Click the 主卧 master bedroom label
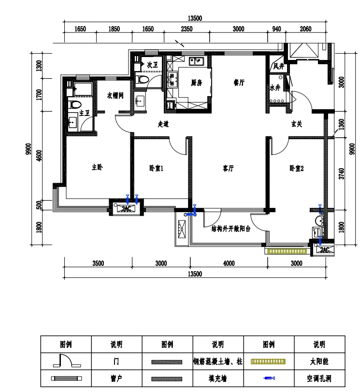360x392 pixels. tap(97, 167)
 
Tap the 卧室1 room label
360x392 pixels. tap(156, 168)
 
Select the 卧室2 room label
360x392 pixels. tap(297, 168)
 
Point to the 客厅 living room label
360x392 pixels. tap(228, 168)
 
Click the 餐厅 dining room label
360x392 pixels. tap(239, 82)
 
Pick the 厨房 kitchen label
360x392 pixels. tap(197, 83)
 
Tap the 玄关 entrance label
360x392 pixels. tap(297, 124)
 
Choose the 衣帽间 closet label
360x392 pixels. tap(115, 95)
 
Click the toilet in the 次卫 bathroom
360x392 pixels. tap(142, 80)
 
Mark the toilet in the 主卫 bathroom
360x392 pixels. tap(75, 104)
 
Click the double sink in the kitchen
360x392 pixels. tap(197, 61)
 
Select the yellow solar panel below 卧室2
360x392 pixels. tap(287, 251)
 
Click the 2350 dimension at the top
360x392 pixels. tap(187, 29)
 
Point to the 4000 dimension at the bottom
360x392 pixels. tap(229, 263)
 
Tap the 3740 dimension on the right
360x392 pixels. tap(341, 174)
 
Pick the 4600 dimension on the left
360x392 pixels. tap(39, 156)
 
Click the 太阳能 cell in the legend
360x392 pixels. tap(319, 361)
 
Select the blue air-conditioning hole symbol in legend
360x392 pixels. tap(269, 378)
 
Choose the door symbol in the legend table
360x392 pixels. tap(67, 361)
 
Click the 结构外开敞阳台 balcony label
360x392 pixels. tap(231, 229)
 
